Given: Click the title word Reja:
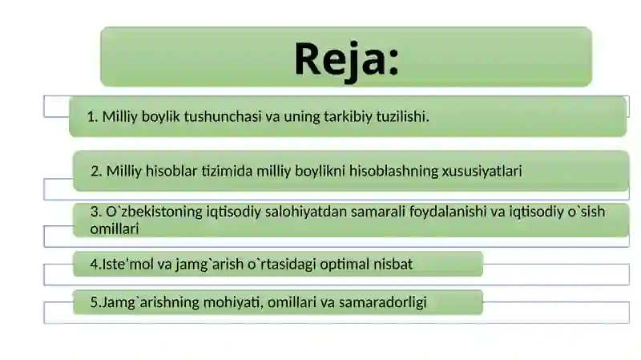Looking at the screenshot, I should click(x=346, y=59).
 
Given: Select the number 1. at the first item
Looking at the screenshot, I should click(x=93, y=117).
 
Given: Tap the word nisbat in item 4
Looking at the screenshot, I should click(x=393, y=263).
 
